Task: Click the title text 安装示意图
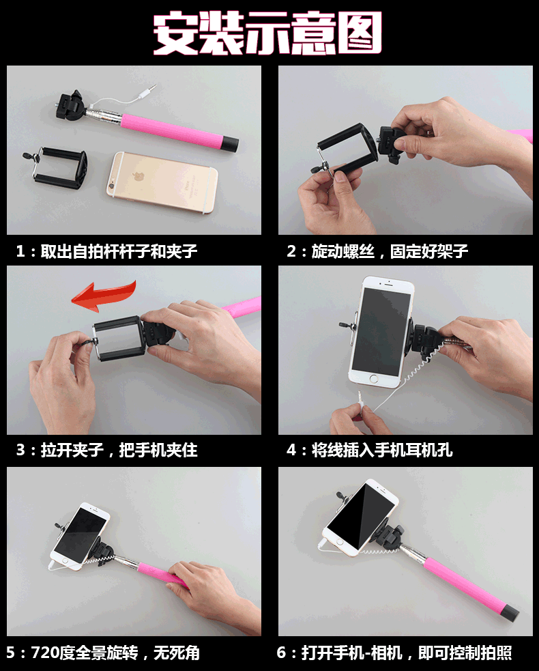(267, 32)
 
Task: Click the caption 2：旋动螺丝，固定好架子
(377, 251)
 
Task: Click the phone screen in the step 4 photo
(382, 327)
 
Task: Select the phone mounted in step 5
(79, 536)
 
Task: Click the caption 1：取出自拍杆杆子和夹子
(106, 251)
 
